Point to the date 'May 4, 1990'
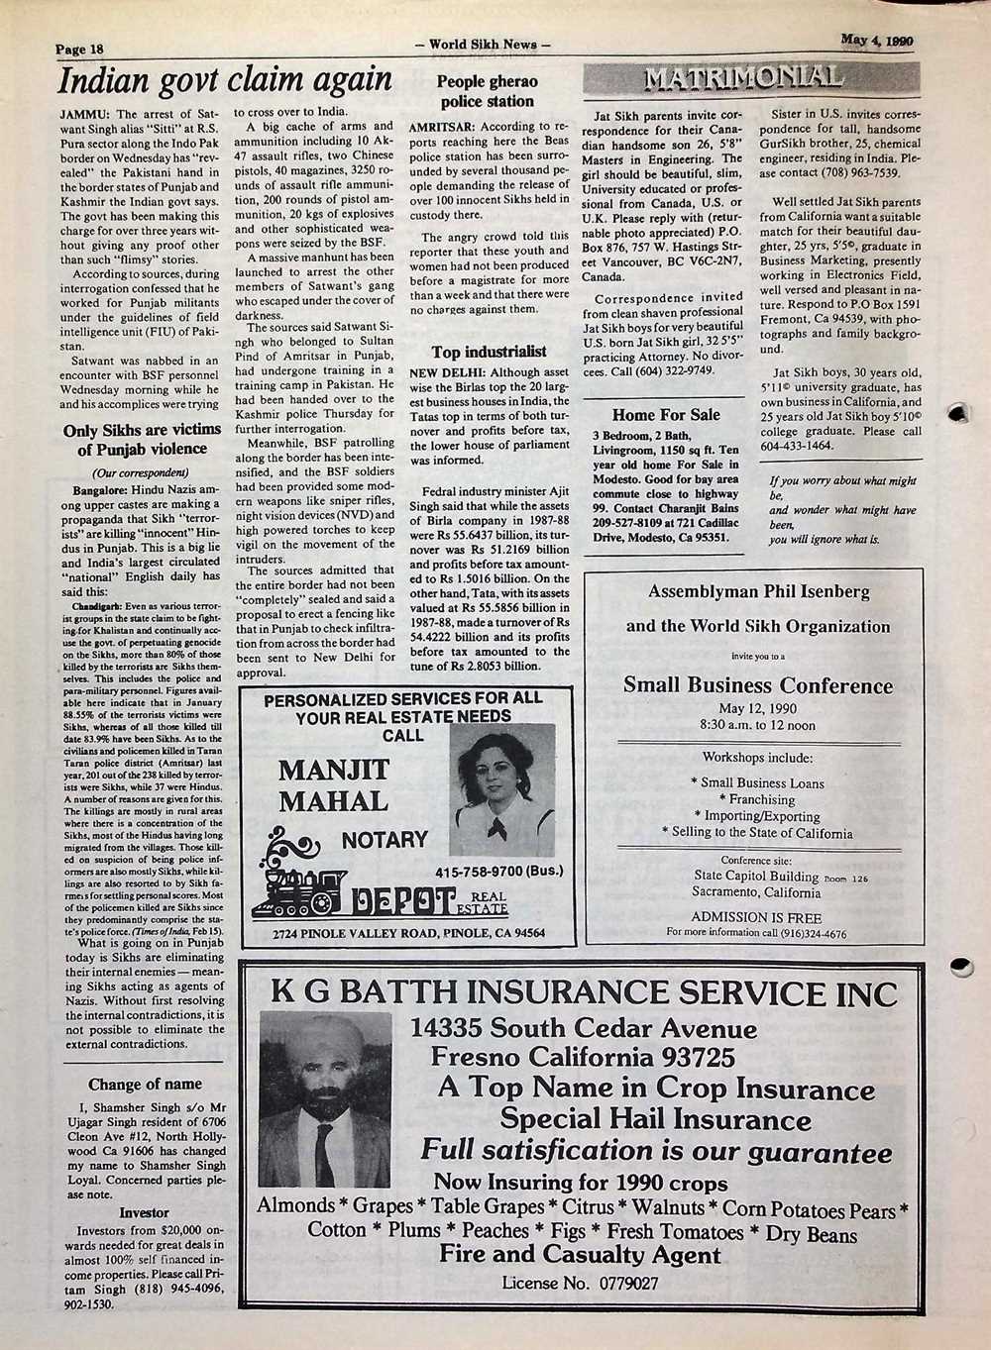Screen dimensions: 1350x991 pos(876,41)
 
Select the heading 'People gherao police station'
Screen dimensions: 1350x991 pos(487,92)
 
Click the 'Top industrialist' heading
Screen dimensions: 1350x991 pos(489,352)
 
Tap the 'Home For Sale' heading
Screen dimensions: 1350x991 pos(665,415)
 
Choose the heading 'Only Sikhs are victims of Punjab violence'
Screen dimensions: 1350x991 pos(142,440)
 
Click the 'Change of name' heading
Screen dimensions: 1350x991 pos(145,1084)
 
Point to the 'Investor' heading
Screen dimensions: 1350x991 pos(144,1212)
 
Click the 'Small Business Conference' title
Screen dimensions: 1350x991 pos(758,685)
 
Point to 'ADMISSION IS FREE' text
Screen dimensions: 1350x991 pos(756,917)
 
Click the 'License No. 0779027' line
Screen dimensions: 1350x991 pos(581,1283)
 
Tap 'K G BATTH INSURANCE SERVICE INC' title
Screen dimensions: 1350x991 pos(585,993)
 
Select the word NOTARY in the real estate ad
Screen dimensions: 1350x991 pos(384,841)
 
